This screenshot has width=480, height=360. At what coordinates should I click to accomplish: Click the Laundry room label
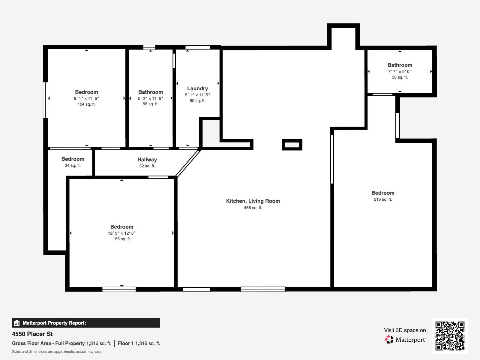(197, 88)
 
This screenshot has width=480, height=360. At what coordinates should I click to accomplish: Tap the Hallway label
(147, 160)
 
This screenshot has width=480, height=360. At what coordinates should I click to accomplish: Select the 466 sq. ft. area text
(253, 208)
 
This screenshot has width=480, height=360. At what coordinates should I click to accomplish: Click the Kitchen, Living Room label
(253, 201)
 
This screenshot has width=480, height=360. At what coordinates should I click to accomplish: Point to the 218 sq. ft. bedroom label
(383, 193)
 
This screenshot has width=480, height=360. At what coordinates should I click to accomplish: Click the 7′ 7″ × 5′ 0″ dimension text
(400, 71)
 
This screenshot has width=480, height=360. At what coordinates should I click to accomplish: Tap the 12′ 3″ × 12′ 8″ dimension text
(121, 233)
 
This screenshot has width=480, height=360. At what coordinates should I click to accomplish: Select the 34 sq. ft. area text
(73, 165)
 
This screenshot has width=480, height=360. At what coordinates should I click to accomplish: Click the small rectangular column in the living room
(292, 145)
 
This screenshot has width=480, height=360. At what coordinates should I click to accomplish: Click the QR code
(450, 336)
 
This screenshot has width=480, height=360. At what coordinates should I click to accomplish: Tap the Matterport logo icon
(389, 340)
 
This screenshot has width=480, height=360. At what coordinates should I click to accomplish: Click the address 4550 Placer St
(32, 334)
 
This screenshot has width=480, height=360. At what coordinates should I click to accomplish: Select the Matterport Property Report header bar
(86, 323)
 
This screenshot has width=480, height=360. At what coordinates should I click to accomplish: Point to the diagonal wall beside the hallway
(188, 163)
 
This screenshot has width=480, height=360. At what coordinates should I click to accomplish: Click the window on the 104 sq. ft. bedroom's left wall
(46, 100)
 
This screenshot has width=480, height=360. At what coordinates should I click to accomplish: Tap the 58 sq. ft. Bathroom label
(151, 92)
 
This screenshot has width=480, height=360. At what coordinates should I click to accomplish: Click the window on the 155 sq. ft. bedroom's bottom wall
(119, 289)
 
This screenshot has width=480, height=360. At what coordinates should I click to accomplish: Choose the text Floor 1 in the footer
(125, 343)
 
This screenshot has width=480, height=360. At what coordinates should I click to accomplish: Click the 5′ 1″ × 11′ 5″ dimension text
(197, 95)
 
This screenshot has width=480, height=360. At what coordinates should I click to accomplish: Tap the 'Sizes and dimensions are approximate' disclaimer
(56, 352)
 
